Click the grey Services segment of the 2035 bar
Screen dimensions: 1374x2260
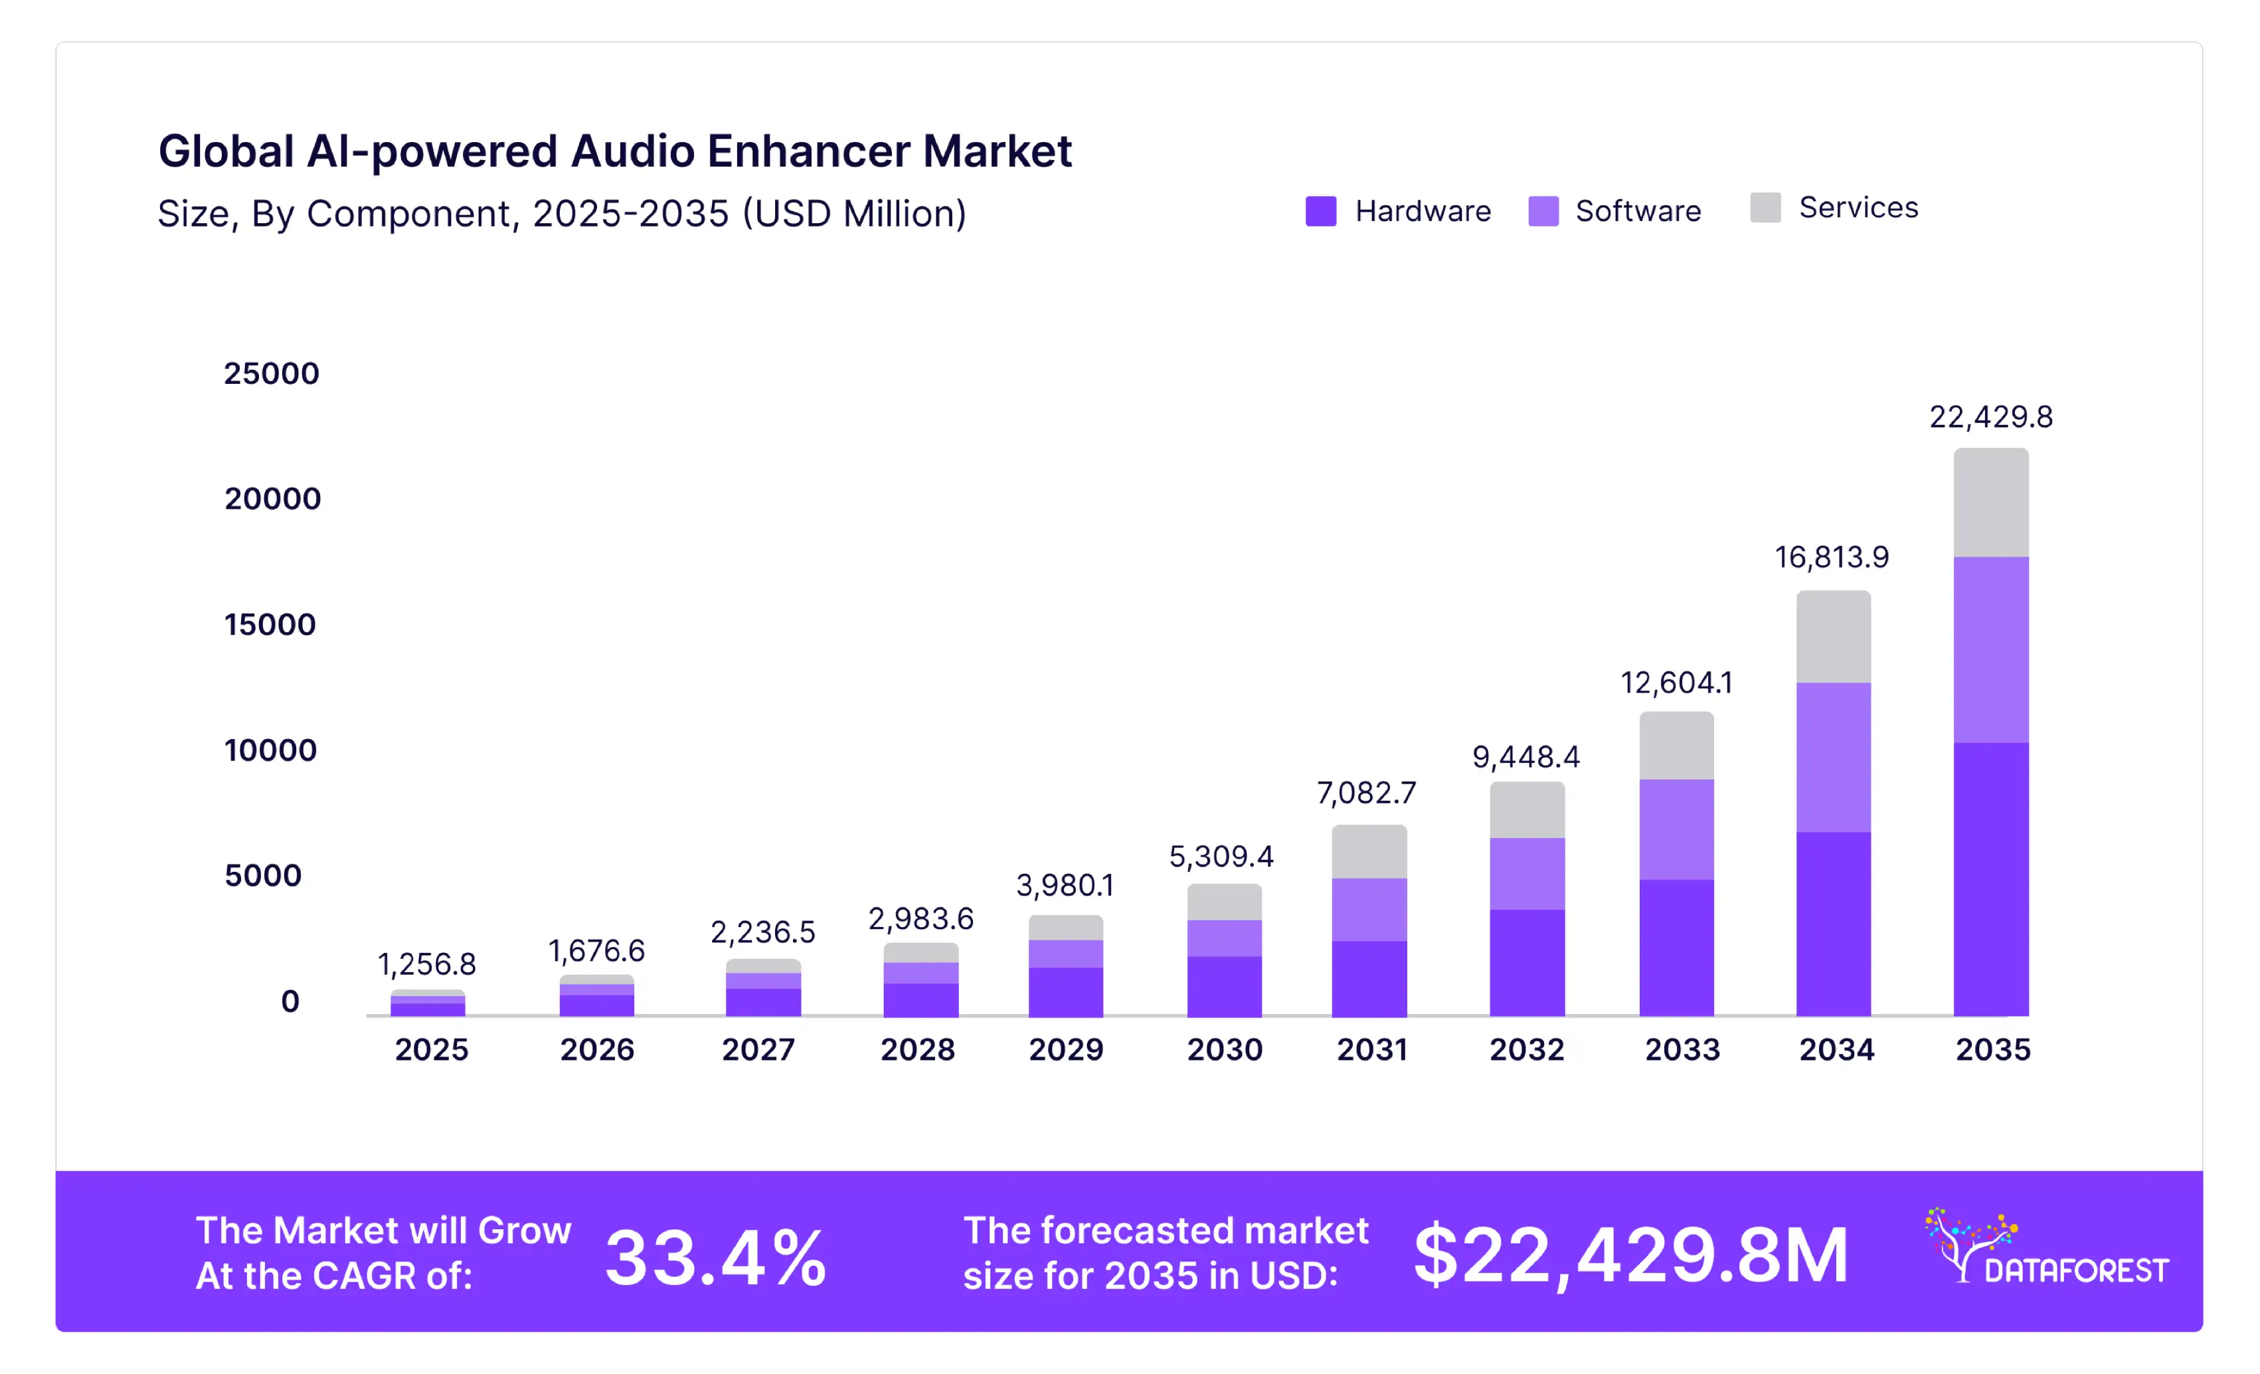coord(1990,503)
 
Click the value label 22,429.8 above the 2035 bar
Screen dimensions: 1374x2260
coord(1990,417)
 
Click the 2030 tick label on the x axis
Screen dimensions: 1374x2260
coord(1225,1049)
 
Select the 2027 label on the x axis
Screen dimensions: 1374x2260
coord(758,1049)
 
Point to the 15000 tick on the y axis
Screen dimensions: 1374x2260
coord(270,625)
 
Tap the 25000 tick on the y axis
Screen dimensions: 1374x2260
coord(272,373)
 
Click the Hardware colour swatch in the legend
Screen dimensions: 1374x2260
coord(1321,211)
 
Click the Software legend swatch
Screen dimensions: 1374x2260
coord(1543,211)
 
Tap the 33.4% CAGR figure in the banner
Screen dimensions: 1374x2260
coord(715,1258)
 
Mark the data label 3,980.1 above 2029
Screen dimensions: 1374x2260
coord(1065,885)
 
